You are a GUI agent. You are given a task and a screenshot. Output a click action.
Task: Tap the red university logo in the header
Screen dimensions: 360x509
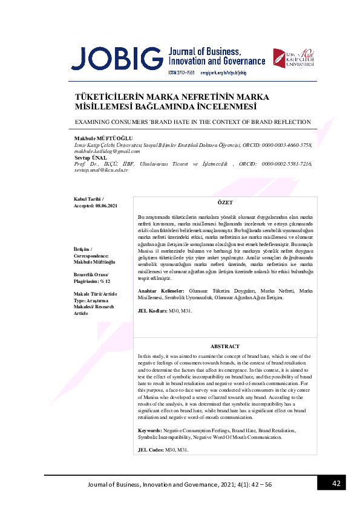pyautogui.click(x=292, y=61)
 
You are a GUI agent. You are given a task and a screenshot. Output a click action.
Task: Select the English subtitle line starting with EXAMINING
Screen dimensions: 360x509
pyautogui.click(x=192, y=122)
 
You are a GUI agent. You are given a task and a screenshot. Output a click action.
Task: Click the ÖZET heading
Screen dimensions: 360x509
pyautogui.click(x=224, y=202)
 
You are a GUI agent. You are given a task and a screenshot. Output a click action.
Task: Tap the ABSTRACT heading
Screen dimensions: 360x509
pyautogui.click(x=224, y=346)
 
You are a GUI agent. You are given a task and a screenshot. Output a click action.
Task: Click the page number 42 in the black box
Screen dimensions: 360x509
pyautogui.click(x=338, y=484)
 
